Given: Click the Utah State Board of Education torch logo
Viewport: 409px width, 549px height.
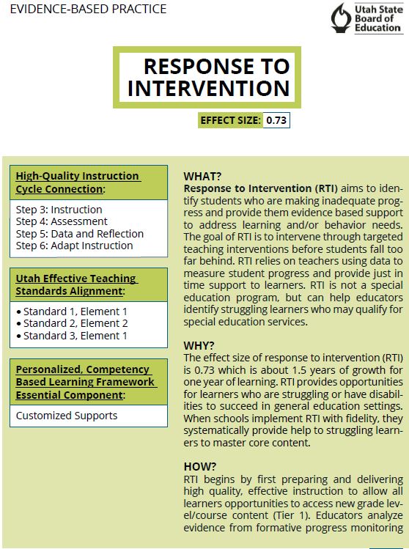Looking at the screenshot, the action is [x=341, y=18].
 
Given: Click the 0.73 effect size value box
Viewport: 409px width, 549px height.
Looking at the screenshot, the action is [x=276, y=120].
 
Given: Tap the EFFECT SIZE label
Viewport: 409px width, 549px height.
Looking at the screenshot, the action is [x=230, y=120].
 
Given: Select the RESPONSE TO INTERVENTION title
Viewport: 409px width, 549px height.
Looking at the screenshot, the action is [x=209, y=77].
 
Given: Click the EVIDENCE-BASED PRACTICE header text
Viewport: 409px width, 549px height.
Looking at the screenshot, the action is [x=88, y=9].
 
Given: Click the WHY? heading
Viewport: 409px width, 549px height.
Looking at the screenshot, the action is [x=199, y=345].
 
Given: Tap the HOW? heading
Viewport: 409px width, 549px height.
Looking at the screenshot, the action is [x=199, y=466].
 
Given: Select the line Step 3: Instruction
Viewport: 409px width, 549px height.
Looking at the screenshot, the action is [x=59, y=210].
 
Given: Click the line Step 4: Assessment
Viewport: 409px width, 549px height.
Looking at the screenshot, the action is [x=62, y=221].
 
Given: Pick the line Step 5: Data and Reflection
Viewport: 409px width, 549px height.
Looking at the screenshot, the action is [x=79, y=234].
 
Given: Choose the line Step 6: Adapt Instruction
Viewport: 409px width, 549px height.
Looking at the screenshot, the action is [x=74, y=246].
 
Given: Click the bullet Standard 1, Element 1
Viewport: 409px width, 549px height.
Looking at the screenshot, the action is [x=72, y=312].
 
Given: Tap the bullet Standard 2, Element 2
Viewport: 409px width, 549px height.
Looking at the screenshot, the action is [x=72, y=323].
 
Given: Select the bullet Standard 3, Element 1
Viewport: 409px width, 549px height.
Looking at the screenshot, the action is [x=72, y=336].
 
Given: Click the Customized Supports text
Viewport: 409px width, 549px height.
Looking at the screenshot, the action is [x=67, y=416].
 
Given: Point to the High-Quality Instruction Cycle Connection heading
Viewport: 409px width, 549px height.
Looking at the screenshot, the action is [x=78, y=183].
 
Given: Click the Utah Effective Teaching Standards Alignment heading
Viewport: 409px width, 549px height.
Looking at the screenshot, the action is [x=76, y=284].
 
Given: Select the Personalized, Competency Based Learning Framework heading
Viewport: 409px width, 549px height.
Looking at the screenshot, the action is [x=86, y=382].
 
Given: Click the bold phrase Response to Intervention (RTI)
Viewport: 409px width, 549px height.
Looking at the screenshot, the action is [x=260, y=188].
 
